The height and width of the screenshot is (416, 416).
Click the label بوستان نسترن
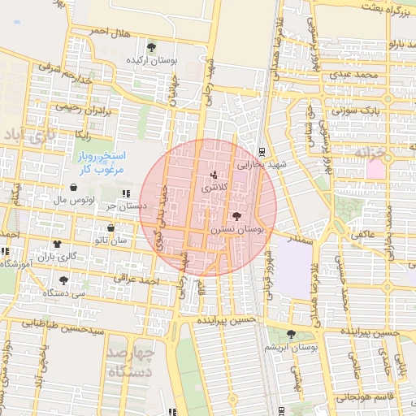coord(237,230)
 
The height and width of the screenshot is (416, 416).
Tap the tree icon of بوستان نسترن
coord(236,216)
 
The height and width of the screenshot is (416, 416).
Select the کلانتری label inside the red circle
coord(214,187)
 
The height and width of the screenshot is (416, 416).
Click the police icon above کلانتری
coord(214,174)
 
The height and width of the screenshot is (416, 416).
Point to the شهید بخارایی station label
coord(262,164)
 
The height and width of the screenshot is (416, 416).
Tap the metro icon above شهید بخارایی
coord(262,151)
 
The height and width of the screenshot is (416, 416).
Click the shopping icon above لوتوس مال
coord(74,187)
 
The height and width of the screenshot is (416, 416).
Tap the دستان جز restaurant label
coord(126,206)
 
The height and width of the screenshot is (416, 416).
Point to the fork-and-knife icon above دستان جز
coord(126,193)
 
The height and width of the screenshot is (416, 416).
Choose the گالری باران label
coord(61,257)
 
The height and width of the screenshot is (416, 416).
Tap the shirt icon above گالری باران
coord(57,244)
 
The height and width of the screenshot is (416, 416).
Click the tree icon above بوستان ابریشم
coord(290,334)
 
